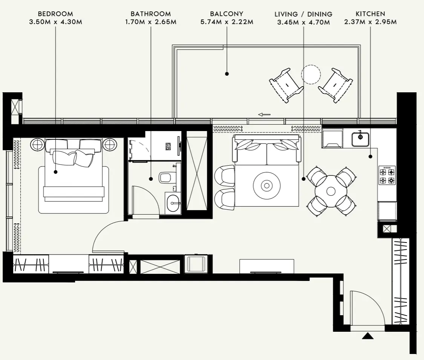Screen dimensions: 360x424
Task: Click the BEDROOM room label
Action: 55,14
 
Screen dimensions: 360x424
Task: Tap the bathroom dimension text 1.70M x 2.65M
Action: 151,22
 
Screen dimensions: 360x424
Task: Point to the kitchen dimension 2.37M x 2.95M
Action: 370,22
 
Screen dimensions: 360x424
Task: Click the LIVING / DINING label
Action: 303,14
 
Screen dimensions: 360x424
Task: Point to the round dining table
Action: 331,191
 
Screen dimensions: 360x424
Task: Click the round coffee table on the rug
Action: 267,185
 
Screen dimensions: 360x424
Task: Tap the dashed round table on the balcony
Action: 311,74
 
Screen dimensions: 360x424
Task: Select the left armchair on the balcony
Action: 286,85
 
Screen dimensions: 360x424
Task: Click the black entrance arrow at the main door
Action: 367,336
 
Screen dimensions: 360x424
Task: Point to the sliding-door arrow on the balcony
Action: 264,114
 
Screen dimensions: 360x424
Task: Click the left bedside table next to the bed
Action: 38,144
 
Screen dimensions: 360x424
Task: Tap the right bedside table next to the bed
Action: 109,144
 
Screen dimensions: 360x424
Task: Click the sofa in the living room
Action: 267,150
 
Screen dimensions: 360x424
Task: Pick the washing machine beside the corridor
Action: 196,263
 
